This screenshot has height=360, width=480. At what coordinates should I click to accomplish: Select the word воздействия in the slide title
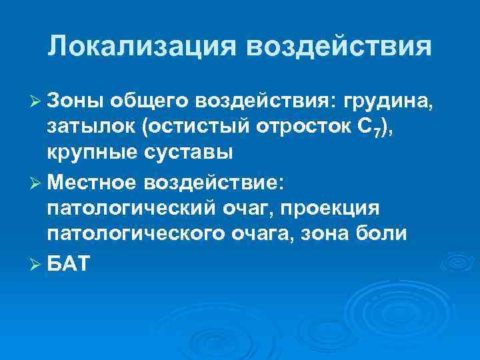[339, 47]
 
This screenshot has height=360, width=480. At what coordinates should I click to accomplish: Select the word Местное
[100, 181]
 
